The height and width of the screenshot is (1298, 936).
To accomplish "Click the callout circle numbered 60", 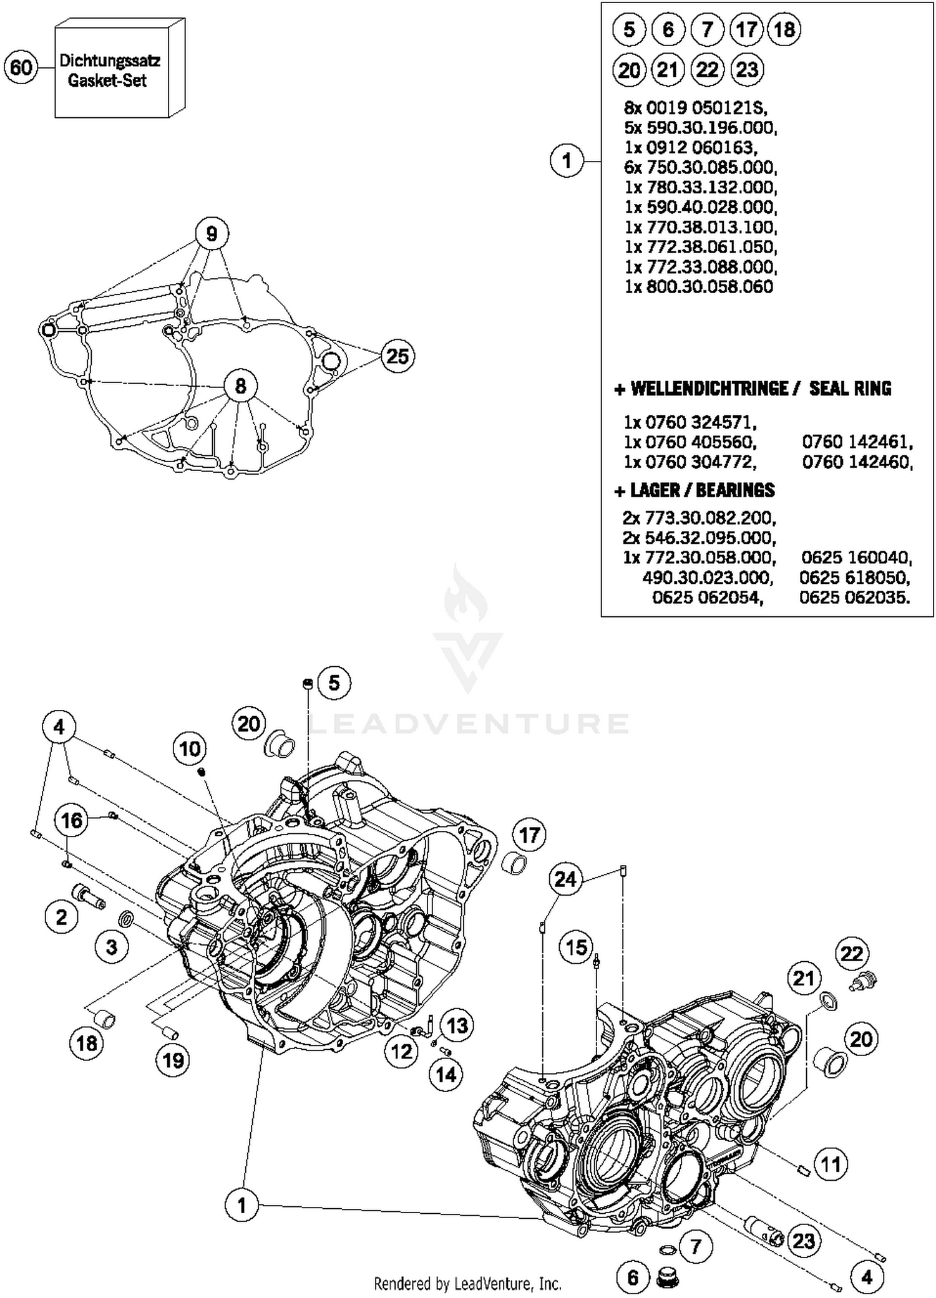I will coord(21,67).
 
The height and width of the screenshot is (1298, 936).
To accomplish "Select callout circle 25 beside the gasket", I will coord(397,356).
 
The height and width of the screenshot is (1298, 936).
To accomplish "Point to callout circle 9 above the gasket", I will coord(212,234).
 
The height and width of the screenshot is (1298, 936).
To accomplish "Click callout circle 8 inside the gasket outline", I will coord(241,386).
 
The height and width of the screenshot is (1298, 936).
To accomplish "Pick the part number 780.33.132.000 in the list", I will coord(701,187).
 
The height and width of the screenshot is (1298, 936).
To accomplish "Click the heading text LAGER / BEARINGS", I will coord(701,490).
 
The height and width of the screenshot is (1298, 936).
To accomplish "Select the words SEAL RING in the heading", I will coord(850,389).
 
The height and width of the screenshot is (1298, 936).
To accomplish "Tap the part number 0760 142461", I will coord(857,442).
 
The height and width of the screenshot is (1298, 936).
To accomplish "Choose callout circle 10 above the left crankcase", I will coord(190,748).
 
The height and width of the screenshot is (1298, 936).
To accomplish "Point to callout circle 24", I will coord(565,879).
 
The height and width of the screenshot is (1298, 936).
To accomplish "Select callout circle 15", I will coord(576,947).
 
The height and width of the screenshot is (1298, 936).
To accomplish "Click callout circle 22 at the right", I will coord(852,954).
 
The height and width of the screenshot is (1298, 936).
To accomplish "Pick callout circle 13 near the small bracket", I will coord(457,1025).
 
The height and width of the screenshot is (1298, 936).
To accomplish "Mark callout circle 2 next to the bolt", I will coord(61,918).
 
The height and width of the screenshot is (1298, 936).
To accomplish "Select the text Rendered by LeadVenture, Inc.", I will coord(467,1284).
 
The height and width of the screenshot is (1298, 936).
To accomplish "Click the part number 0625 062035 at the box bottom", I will coord(854,598).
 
